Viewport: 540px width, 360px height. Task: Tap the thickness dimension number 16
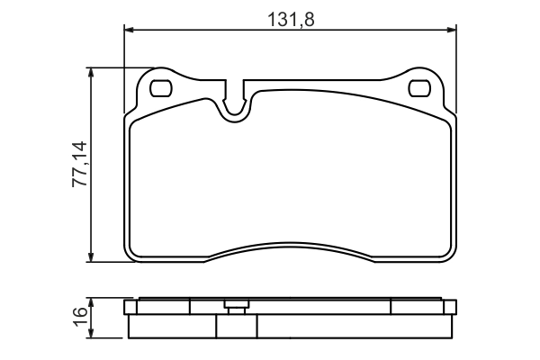79,317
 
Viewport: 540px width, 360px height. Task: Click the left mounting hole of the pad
161,88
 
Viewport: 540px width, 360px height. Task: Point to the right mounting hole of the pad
419,88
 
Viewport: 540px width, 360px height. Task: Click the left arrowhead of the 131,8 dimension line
129,31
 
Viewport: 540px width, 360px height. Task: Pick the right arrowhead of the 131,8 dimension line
451,31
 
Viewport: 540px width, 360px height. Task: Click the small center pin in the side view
237,306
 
